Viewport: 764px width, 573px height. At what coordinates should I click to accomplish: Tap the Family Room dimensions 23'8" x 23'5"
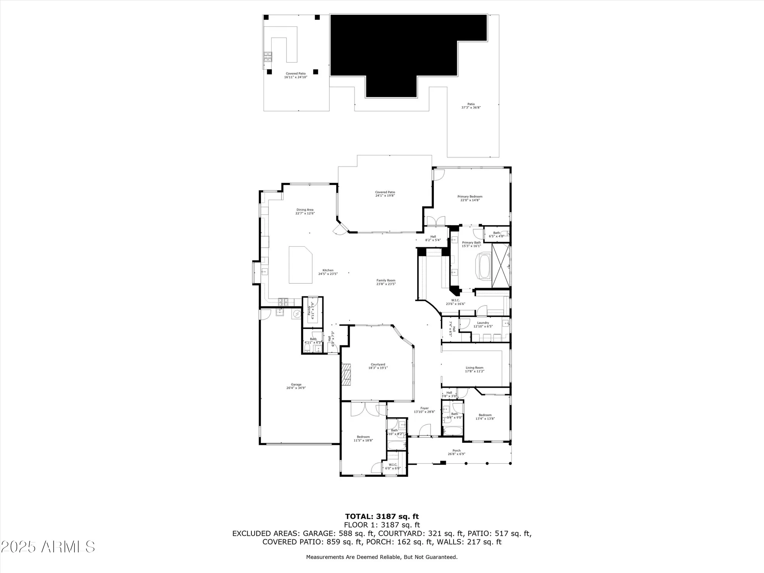pos(386,284)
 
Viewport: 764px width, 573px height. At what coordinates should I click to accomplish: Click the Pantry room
pos(312,311)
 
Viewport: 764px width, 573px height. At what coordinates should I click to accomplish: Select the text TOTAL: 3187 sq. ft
pos(382,516)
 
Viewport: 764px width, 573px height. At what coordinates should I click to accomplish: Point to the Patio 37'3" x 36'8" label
pos(471,106)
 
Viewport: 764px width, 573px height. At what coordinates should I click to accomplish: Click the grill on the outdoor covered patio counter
pos(267,57)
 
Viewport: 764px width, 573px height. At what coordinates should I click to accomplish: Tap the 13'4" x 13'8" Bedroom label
pos(485,416)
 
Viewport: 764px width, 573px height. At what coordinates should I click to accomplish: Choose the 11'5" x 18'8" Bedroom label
pos(363,438)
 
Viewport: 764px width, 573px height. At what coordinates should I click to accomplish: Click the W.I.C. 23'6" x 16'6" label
pos(455,302)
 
